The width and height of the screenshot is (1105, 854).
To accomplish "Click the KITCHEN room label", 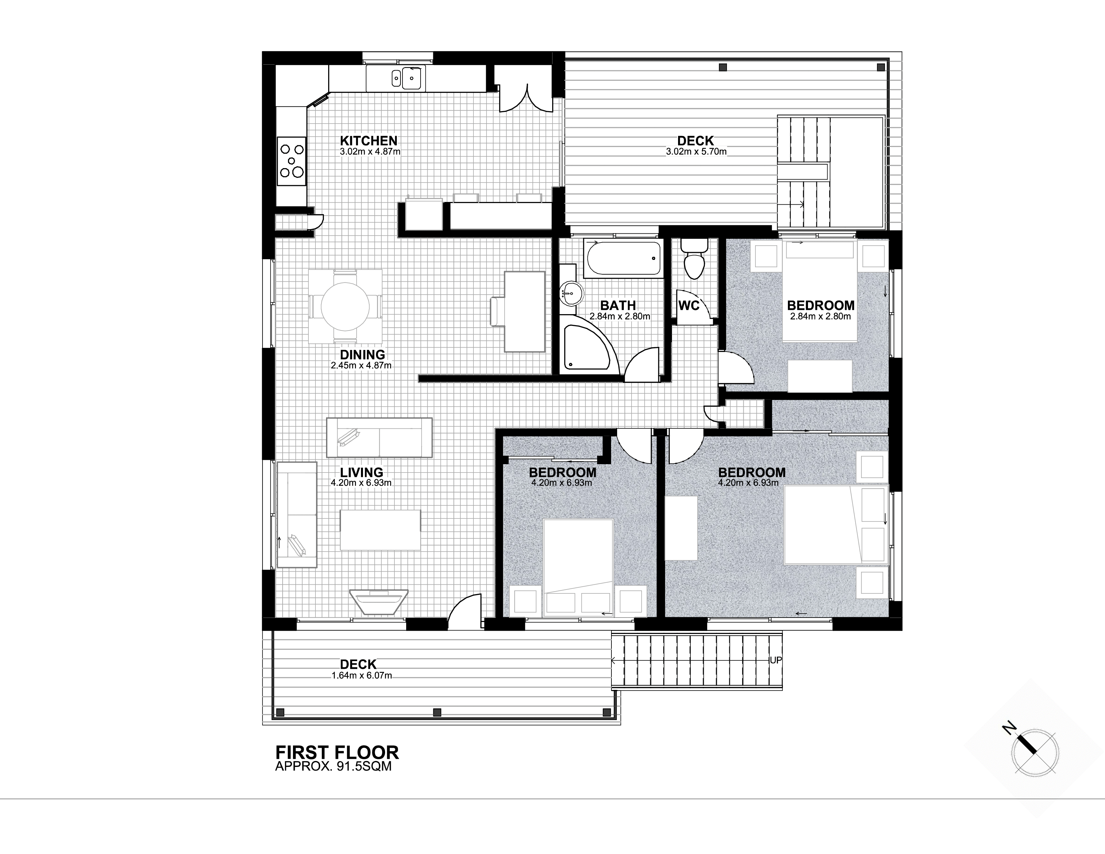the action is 368,141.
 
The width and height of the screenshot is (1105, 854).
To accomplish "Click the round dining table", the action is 345,306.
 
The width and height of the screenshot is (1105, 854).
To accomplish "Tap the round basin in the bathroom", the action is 571,293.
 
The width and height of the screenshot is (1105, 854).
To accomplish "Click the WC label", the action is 688,305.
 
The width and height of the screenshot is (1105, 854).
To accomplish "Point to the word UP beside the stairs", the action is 776,660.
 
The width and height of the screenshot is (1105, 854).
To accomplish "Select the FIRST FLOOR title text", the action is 337,752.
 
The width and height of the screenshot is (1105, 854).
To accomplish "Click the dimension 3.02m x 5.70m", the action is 696,151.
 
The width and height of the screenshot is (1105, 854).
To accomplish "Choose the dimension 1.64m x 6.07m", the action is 362,675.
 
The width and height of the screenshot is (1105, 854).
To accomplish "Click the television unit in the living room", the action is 379,601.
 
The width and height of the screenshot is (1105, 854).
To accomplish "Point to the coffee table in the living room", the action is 380,530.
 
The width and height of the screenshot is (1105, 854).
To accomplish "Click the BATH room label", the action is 618,305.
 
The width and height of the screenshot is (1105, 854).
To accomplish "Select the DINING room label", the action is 362,355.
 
